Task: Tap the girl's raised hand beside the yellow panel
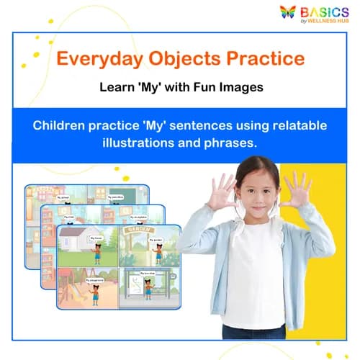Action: click(x=296, y=189)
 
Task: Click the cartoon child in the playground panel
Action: click(x=98, y=289)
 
